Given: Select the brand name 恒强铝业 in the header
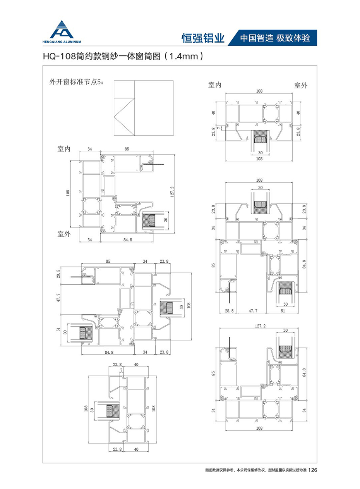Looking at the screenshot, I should tap(203, 38).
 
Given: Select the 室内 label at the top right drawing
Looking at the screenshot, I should tap(214, 85).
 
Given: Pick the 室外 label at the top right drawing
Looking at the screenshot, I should tap(300, 85).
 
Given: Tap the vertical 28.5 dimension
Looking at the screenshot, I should tap(58, 274).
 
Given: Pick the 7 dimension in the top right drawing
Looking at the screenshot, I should tap(219, 127).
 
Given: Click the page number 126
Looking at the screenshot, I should tap(313, 470).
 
